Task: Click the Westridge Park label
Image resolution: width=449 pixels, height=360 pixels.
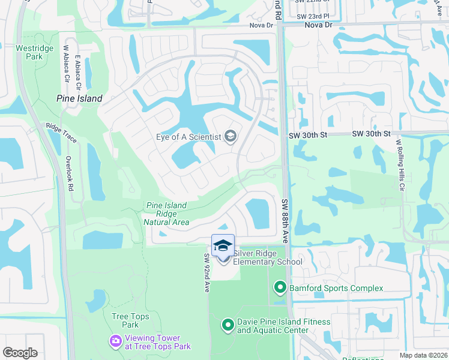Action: tap(29, 52)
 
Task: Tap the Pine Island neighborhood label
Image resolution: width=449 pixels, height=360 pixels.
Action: tap(79, 98)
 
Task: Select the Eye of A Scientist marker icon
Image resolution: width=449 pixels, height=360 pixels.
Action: tap(230, 137)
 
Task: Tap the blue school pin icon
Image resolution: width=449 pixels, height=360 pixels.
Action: tap(223, 246)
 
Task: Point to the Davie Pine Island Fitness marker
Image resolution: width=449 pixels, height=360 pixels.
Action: tap(228, 326)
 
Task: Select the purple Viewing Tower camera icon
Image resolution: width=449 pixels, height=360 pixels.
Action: tap(115, 341)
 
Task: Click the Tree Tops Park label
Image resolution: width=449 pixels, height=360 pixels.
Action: tap(125, 320)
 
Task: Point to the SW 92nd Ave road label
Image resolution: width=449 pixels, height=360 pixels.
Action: tap(206, 273)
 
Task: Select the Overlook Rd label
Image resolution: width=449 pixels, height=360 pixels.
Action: tap(69, 174)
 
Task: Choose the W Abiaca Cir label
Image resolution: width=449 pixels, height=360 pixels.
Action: tap(66, 64)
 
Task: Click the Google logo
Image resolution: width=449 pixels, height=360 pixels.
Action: tap(20, 353)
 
